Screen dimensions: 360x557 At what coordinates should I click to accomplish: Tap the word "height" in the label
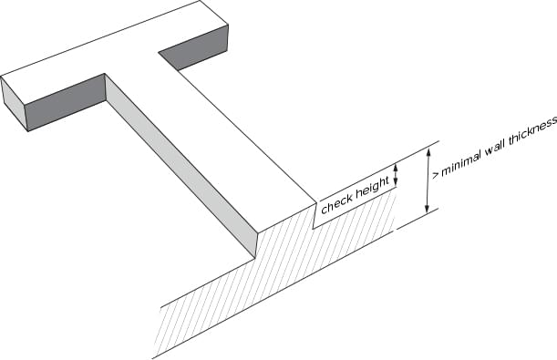pyautogui.click(x=371, y=188)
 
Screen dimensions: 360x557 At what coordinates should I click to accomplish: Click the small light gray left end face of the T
pyautogui.click(x=15, y=103)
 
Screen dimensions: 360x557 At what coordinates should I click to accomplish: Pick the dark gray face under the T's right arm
pyautogui.click(x=193, y=50)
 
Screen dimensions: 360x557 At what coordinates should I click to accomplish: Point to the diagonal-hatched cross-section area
pyautogui.click(x=273, y=273)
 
